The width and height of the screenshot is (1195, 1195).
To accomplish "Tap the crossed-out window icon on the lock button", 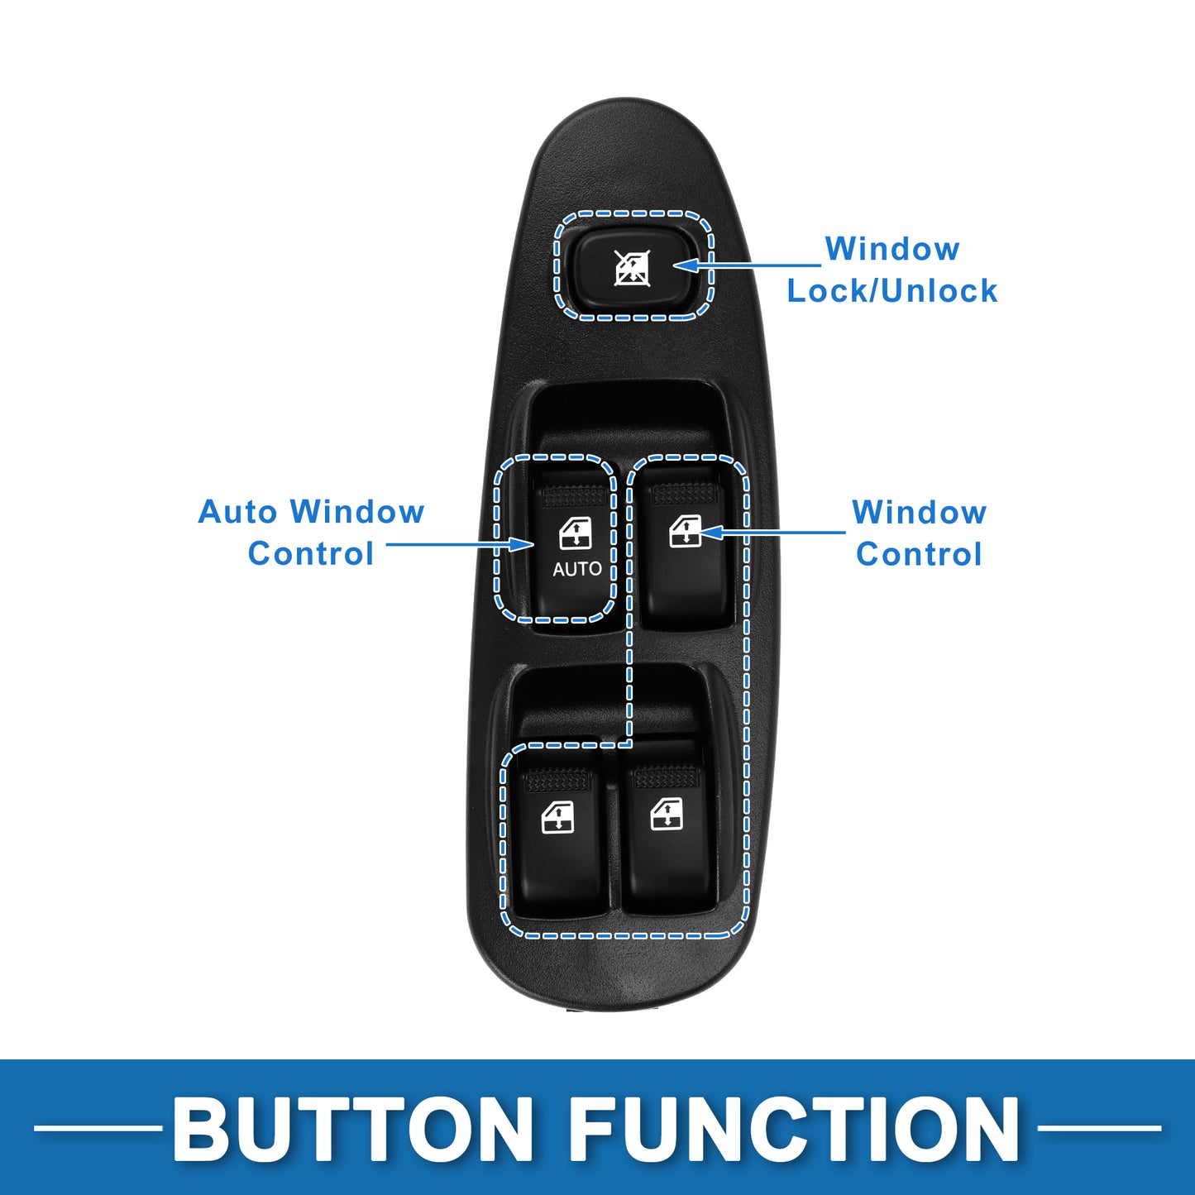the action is [x=632, y=268].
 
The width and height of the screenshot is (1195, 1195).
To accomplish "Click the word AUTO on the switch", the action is [x=576, y=569].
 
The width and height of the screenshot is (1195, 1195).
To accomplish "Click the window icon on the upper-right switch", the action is [x=686, y=532].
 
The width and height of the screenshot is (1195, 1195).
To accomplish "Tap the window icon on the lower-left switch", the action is [x=557, y=816].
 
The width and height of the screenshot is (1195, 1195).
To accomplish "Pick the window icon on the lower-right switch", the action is [x=667, y=814].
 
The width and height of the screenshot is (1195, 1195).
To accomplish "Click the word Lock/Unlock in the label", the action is [x=891, y=290].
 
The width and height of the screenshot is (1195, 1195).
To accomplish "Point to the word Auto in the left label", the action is [x=237, y=512].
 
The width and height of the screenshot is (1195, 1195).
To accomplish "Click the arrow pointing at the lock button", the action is [x=747, y=265].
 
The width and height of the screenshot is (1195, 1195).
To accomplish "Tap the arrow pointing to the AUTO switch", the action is [x=460, y=544].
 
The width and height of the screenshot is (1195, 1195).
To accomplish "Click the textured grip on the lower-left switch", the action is [x=557, y=780].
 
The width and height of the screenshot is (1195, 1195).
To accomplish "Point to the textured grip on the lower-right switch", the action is [x=667, y=777].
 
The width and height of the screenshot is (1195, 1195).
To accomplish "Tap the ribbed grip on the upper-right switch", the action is [x=685, y=493].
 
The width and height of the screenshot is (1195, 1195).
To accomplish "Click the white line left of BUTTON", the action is [x=98, y=1128].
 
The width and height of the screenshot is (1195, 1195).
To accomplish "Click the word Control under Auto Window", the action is [x=311, y=553].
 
